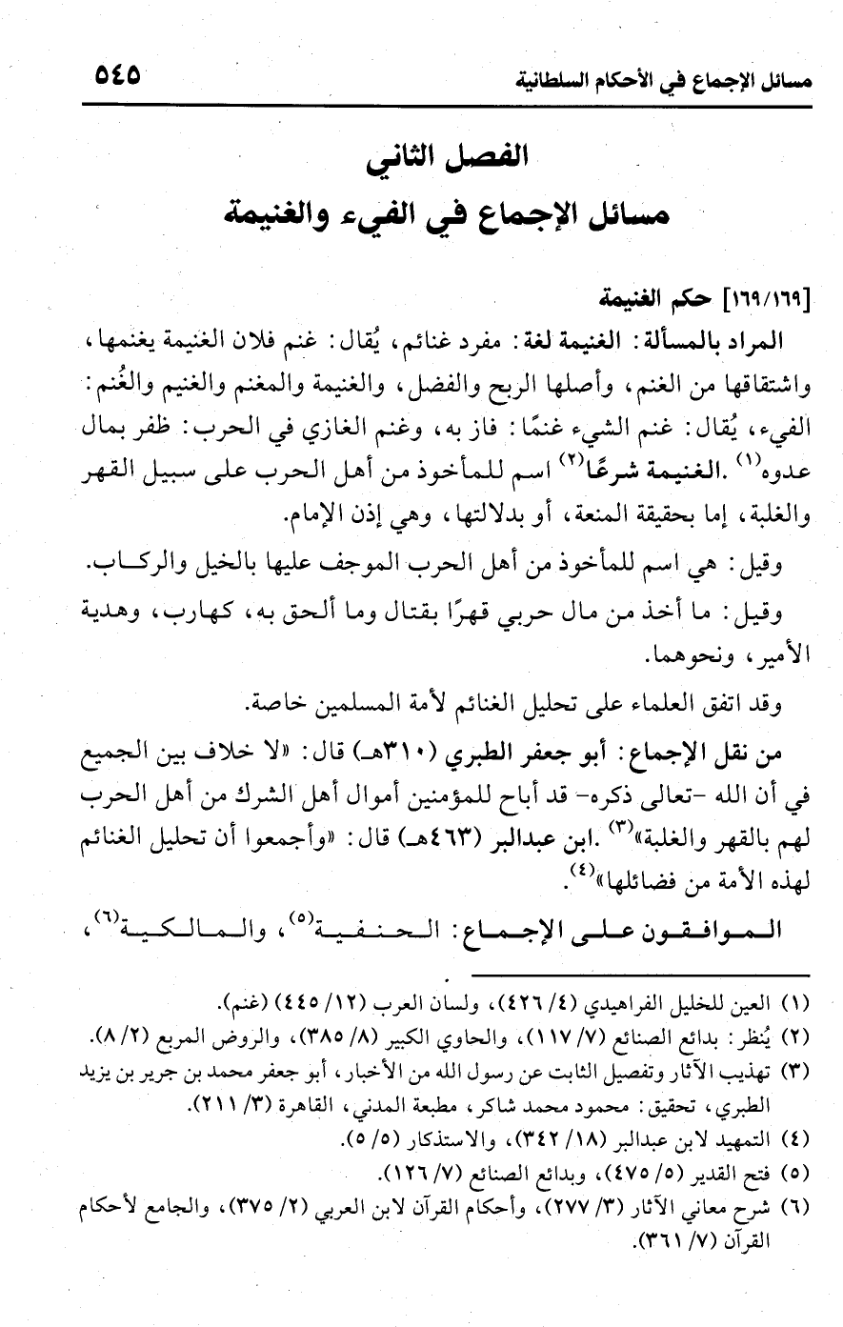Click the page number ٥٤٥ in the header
click(x=117, y=73)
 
